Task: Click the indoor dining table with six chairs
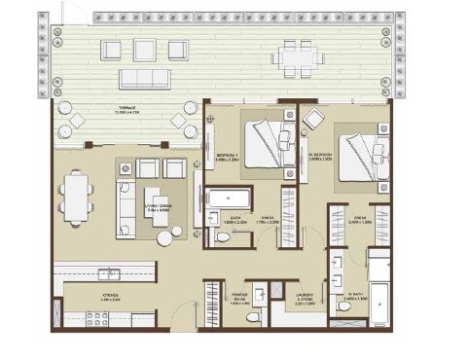76,196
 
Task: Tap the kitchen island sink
108,273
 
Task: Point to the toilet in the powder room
253,317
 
